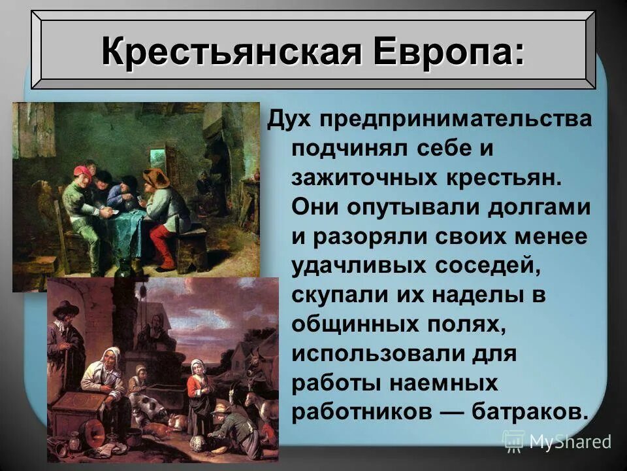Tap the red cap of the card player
(x=81, y=171)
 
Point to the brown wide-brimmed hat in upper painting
(x=156, y=177)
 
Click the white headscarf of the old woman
(x=111, y=357)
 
